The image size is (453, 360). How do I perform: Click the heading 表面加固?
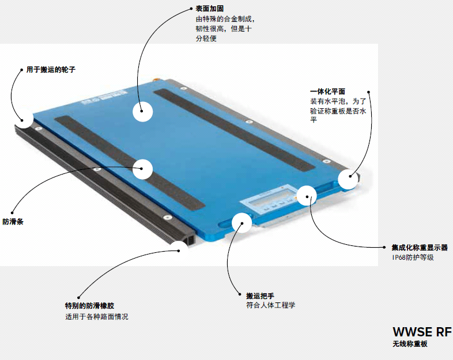[209, 9]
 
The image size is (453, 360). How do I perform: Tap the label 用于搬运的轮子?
[51, 70]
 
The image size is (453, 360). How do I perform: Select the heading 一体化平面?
[327, 92]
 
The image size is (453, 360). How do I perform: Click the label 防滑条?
[13, 222]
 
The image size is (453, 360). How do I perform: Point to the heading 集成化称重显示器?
[420, 248]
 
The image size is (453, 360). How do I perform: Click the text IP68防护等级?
[413, 257]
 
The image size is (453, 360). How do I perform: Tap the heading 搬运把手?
[260, 295]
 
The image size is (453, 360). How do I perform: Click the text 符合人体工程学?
[271, 305]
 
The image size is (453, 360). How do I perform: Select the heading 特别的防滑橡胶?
[89, 306]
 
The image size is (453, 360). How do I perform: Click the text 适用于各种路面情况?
[96, 317]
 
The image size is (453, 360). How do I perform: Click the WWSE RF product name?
[422, 332]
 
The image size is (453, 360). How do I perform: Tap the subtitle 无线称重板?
[410, 344]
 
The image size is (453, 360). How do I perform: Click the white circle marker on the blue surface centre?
[142, 111]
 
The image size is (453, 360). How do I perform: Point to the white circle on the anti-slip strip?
[142, 169]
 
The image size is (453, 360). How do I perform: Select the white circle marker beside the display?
[307, 196]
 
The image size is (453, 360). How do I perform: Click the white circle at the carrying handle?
[241, 222]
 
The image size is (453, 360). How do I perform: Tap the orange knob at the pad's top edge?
[156, 78]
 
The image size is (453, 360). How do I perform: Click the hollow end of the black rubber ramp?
[191, 240]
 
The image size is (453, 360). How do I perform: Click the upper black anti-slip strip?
[234, 130]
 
